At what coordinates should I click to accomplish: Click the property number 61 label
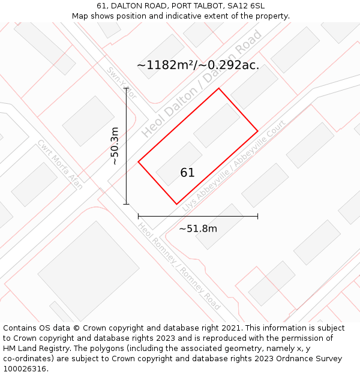tap(187, 173)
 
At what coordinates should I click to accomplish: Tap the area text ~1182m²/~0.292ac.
tap(198, 65)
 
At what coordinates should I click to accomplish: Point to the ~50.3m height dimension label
tap(114, 146)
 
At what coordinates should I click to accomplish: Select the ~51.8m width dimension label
tap(198, 229)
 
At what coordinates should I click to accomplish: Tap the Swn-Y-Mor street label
tap(122, 82)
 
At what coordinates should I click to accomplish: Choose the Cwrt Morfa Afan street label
tap(60, 164)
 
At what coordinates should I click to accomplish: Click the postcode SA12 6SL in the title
tap(245, 6)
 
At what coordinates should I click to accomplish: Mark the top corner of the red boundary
tap(218, 89)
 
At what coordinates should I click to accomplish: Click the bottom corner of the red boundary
tap(176, 204)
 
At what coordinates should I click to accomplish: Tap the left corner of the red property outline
tap(139, 161)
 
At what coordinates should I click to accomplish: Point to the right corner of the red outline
tap(257, 131)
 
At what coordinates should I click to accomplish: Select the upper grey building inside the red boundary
tap(216, 125)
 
